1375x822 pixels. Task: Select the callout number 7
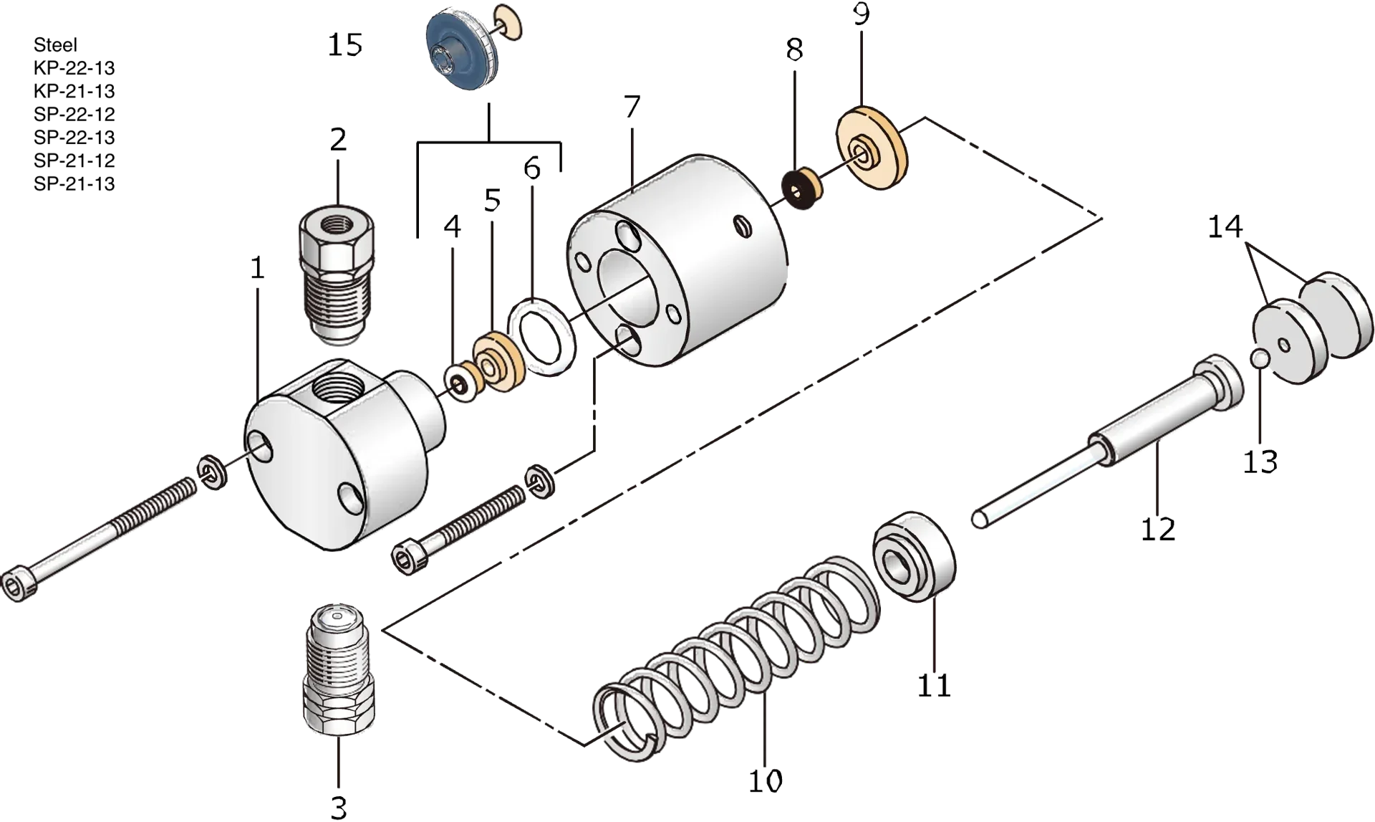(x=631, y=107)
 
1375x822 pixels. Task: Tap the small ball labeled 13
(x=1261, y=358)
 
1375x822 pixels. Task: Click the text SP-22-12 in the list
(x=74, y=114)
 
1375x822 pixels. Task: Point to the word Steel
(x=55, y=45)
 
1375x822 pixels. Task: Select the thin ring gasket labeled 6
(x=541, y=338)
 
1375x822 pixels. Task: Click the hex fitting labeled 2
(x=337, y=275)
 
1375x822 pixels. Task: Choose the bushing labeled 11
(x=915, y=557)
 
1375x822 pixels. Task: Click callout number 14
(x=1225, y=227)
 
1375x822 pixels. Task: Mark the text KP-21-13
(x=74, y=91)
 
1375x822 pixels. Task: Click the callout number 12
(x=1158, y=529)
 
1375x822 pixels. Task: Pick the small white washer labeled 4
(x=461, y=383)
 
